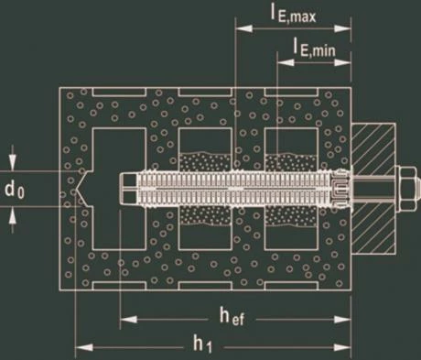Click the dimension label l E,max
coord(294,16)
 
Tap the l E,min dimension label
coord(314,48)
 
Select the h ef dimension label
coord(232,316)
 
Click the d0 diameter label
coord(15,191)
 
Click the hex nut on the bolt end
coord(405,188)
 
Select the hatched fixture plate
coord(373,189)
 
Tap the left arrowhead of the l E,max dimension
coord(244,28)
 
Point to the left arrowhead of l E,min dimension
coord(286,62)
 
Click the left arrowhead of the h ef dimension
coord(128,320)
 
